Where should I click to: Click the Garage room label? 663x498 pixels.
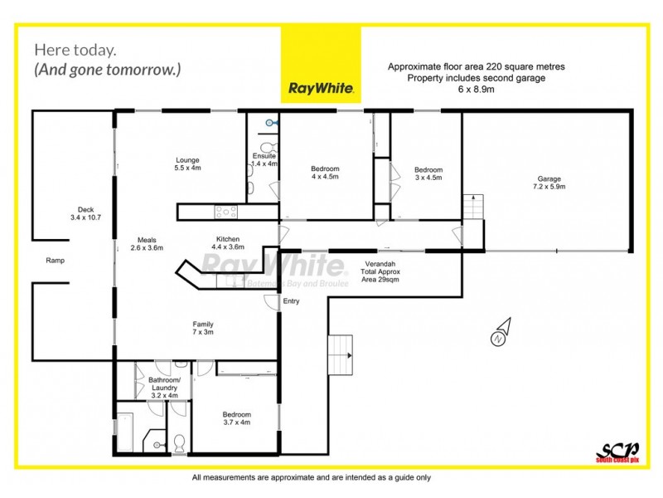[549, 183]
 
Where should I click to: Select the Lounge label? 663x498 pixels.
[187, 164]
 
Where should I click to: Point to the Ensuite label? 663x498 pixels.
[264, 160]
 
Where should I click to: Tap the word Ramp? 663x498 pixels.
[56, 261]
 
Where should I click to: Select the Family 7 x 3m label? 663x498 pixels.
[204, 328]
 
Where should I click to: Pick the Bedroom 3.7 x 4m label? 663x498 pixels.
[236, 418]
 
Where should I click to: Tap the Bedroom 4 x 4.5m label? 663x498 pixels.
[325, 173]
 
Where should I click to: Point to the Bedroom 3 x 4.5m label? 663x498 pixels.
[428, 173]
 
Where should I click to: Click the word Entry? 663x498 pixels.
[292, 301]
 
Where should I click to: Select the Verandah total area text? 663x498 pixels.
[380, 271]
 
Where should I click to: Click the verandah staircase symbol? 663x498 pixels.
[341, 354]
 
